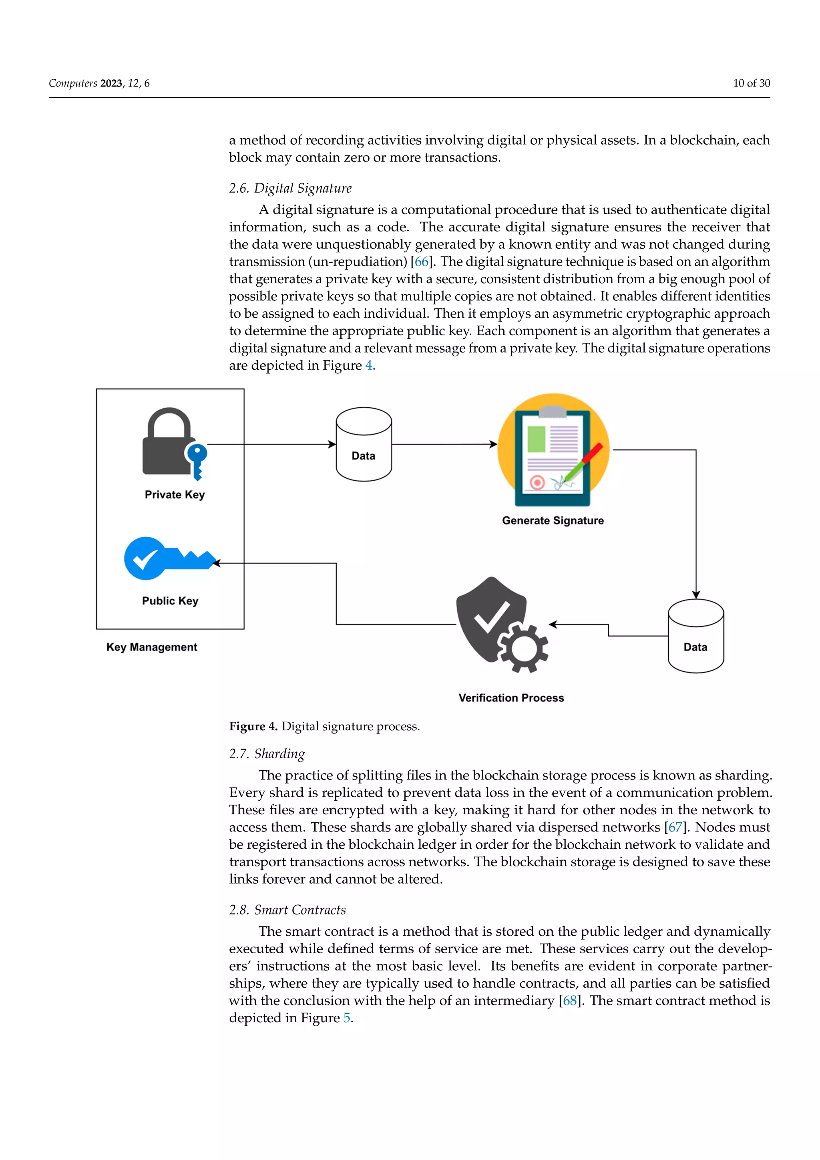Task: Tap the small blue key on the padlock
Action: pos(197,460)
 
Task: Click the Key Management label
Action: pos(151,647)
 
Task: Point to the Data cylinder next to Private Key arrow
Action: pos(364,445)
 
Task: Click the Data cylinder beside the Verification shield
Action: pos(695,636)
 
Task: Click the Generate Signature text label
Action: pos(553,521)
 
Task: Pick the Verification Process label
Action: pos(511,698)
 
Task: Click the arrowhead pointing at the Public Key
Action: pos(216,563)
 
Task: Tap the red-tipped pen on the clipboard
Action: pos(586,460)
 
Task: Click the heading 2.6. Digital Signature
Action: pos(290,188)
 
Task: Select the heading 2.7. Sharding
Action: pos(267,754)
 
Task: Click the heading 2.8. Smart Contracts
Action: pos(287,910)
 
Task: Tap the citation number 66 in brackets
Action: pos(422,262)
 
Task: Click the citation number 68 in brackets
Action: pos(570,1001)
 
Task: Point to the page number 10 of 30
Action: pos(751,83)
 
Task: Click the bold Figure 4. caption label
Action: pos(253,727)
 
